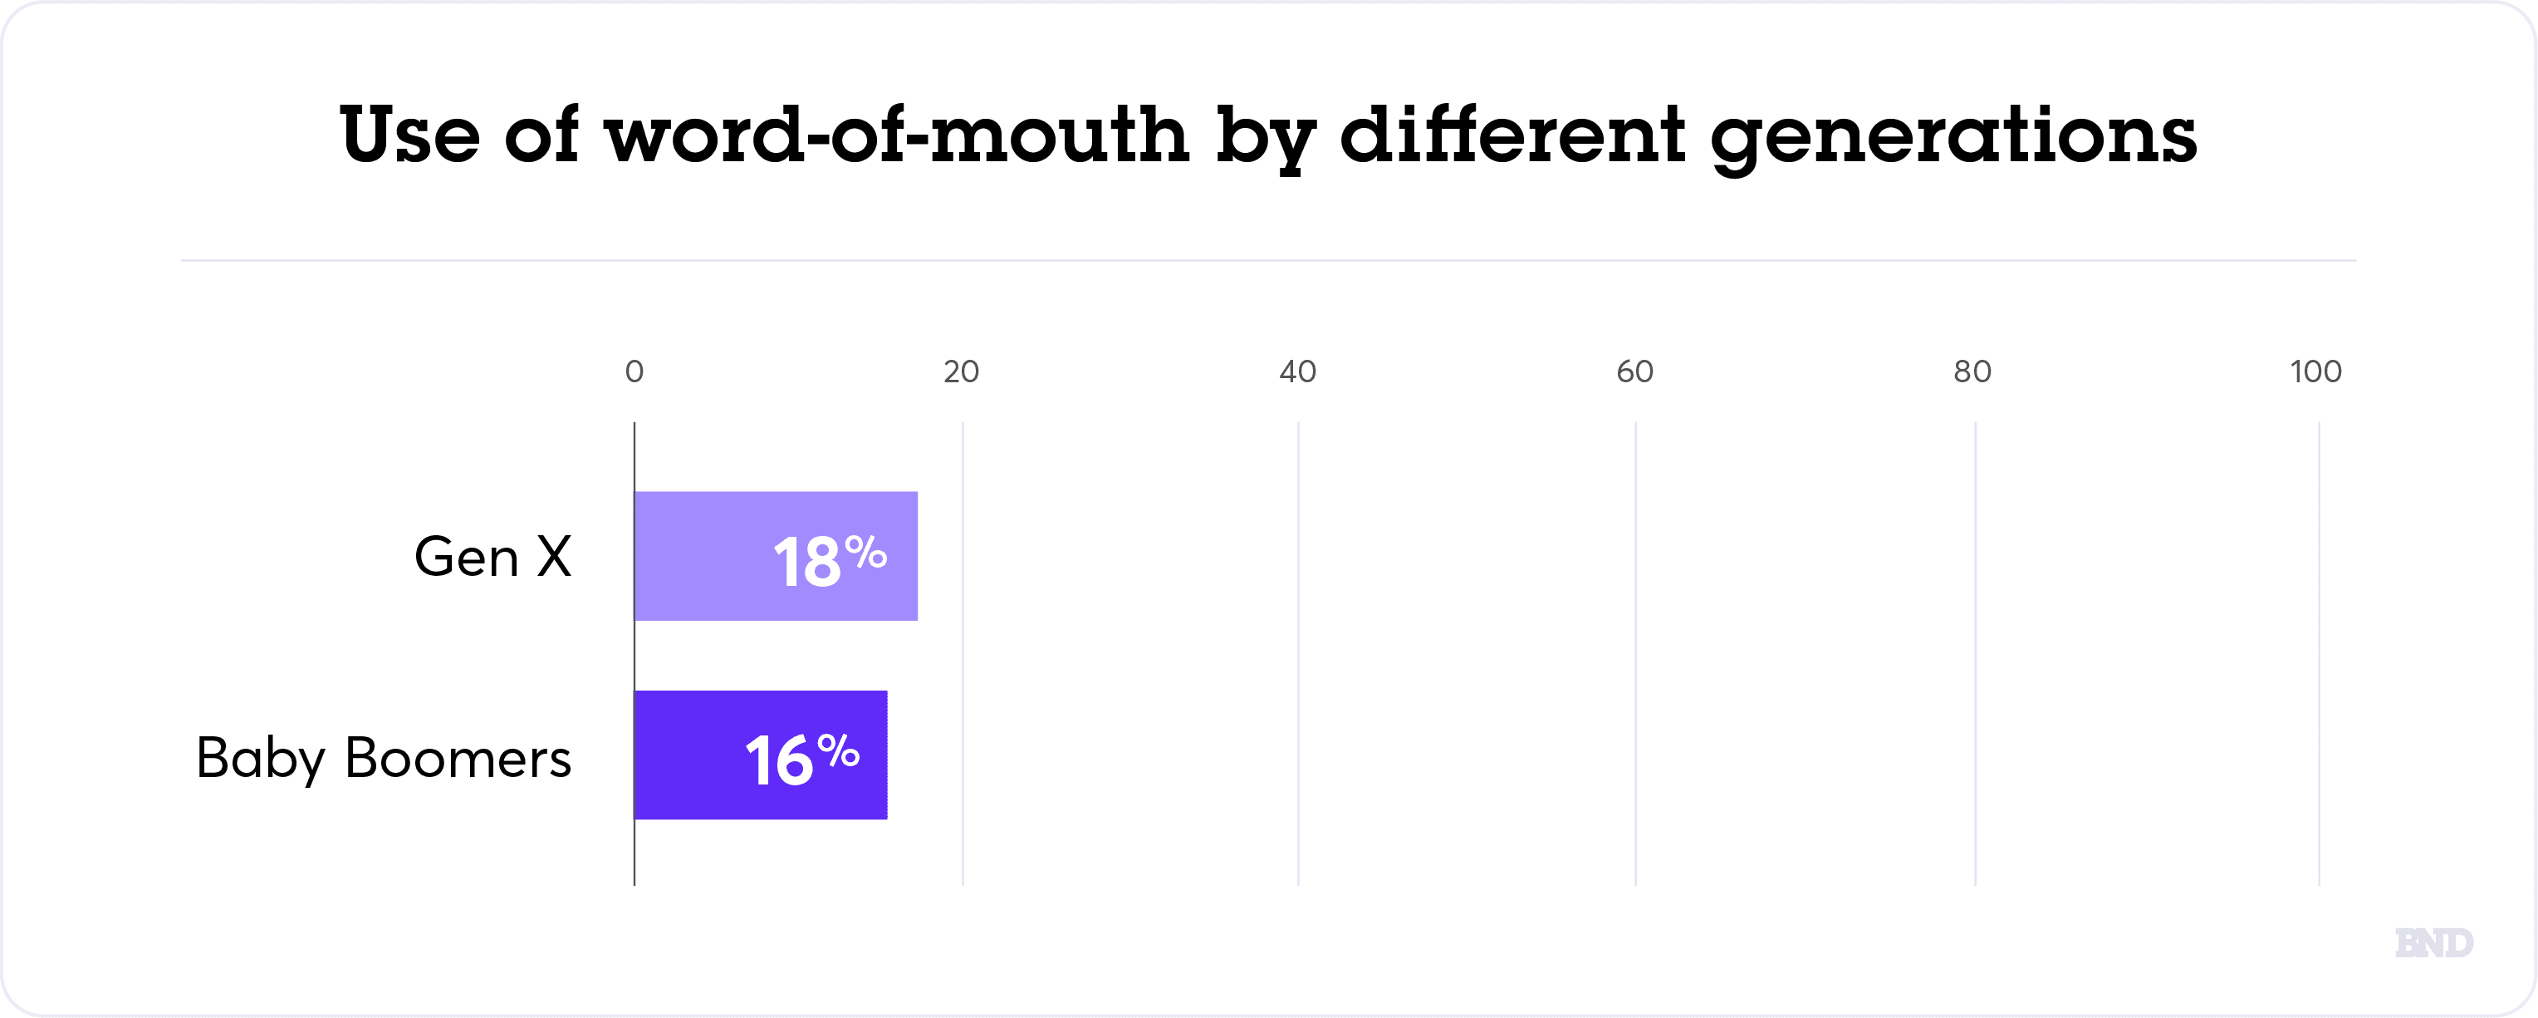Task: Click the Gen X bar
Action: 776,556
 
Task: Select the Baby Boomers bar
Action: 761,755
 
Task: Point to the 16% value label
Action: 802,759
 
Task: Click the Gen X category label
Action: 492,557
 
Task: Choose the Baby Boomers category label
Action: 383,758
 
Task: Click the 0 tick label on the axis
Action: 634,371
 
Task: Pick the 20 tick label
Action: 962,371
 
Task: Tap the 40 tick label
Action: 1297,371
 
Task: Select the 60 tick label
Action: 1634,371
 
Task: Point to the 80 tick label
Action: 1972,371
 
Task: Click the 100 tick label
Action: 2315,371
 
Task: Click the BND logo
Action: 2434,943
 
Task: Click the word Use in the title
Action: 410,134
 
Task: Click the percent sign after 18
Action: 866,552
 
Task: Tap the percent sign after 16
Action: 839,751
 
